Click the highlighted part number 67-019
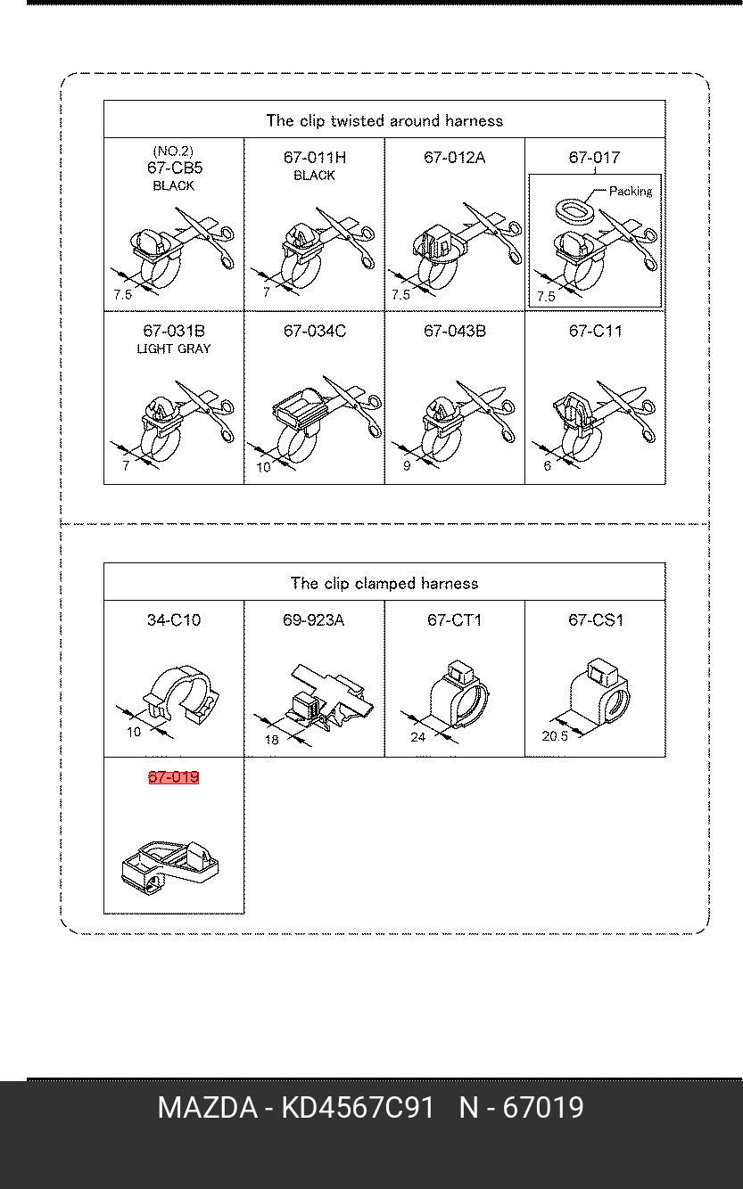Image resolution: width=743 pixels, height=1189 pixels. coord(173,777)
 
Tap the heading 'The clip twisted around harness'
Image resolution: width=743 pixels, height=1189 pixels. coord(384,120)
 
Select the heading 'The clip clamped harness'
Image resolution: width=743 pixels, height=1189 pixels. coord(384,583)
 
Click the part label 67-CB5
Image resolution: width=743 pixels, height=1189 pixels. coord(174,168)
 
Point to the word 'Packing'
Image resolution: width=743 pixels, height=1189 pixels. coord(631,191)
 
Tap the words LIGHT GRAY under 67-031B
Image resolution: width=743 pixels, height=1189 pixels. coord(174,348)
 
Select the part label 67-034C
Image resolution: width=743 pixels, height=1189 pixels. coord(314,332)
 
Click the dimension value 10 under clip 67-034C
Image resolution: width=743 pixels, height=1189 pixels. coord(263,466)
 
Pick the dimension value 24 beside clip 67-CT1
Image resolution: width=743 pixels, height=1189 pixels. coord(417,737)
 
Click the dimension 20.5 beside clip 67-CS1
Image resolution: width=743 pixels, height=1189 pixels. coord(554,736)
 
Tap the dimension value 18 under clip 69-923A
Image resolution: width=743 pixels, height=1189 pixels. coord(272,740)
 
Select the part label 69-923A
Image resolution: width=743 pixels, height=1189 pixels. coord(313,620)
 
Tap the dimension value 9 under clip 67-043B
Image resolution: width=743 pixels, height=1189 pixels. coord(407,465)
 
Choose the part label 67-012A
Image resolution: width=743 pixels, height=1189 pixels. coord(454,158)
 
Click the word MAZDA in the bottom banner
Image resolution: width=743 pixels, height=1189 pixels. coord(207,1108)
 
